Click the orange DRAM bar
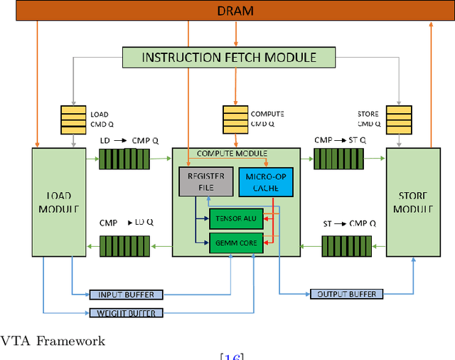tap(235, 11)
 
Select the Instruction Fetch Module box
tap(229, 58)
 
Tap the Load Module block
tap(59, 202)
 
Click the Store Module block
tap(413, 202)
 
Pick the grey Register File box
tap(206, 181)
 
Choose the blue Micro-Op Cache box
tap(266, 182)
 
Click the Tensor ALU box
tap(236, 218)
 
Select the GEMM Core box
tap(236, 243)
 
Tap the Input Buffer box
tap(127, 295)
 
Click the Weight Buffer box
tap(127, 313)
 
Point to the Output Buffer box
tap(347, 294)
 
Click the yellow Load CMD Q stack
tap(73, 120)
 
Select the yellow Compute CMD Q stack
tap(235, 120)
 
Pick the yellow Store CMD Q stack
tap(399, 120)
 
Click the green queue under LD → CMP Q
tap(124, 159)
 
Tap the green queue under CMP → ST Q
tap(338, 159)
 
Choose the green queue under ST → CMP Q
tap(347, 246)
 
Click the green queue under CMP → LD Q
tap(125, 246)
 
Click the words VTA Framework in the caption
tap(53, 341)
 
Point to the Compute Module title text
tap(232, 153)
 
